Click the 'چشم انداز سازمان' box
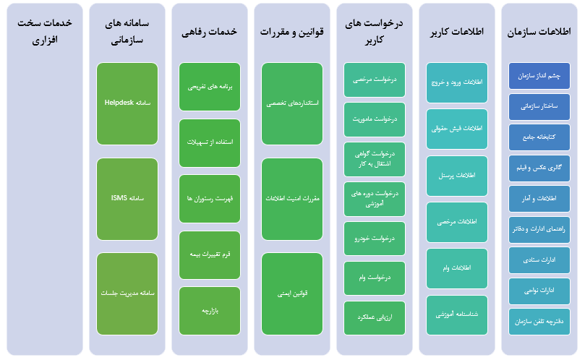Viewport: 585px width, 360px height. click(x=539, y=76)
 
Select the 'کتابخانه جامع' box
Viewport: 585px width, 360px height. click(x=539, y=137)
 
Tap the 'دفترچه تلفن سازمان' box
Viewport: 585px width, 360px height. click(x=539, y=322)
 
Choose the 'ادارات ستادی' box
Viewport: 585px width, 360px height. click(x=539, y=260)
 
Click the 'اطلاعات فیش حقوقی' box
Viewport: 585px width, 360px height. click(x=457, y=129)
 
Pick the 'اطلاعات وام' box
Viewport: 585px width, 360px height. click(x=457, y=268)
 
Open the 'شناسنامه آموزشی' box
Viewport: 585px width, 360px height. click(x=457, y=315)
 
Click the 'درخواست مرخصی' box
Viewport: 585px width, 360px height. click(x=374, y=80)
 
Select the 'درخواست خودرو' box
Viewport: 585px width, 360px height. click(x=374, y=239)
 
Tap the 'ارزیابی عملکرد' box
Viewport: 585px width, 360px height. click(x=374, y=318)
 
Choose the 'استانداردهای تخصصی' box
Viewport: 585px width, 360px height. click(x=292, y=103)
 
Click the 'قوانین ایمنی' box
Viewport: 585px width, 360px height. click(x=292, y=294)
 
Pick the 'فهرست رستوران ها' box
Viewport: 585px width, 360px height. click(x=210, y=199)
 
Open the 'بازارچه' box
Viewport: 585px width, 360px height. click(x=210, y=311)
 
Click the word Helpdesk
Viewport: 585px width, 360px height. click(x=119, y=103)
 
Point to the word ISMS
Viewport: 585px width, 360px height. click(x=119, y=198)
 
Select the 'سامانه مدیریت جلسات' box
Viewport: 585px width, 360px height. click(x=127, y=294)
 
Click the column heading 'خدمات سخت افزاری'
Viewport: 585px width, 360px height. click(x=45, y=31)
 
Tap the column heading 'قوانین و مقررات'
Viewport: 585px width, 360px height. click(x=291, y=32)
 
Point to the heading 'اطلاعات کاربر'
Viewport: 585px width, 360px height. click(x=457, y=32)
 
